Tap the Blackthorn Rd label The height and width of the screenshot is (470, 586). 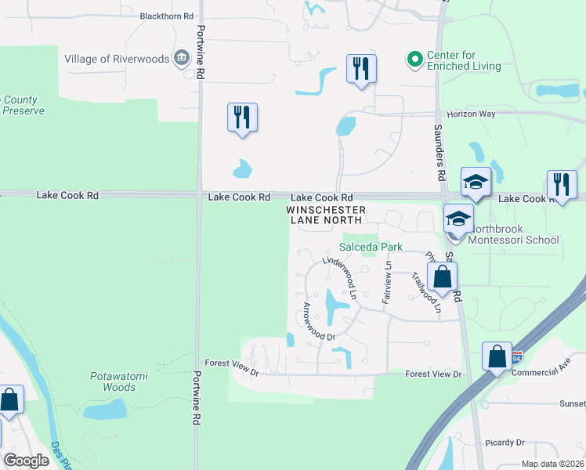166,16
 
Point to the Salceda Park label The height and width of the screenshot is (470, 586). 371,247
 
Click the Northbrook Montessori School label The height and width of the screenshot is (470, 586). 513,240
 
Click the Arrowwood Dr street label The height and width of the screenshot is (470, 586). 319,321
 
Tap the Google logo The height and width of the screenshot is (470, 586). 26,460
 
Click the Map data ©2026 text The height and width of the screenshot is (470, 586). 552,464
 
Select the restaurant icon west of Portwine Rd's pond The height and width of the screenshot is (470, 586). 242,117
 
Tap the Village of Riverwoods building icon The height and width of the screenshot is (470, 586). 182,56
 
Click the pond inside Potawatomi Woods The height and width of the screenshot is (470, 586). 105,409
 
